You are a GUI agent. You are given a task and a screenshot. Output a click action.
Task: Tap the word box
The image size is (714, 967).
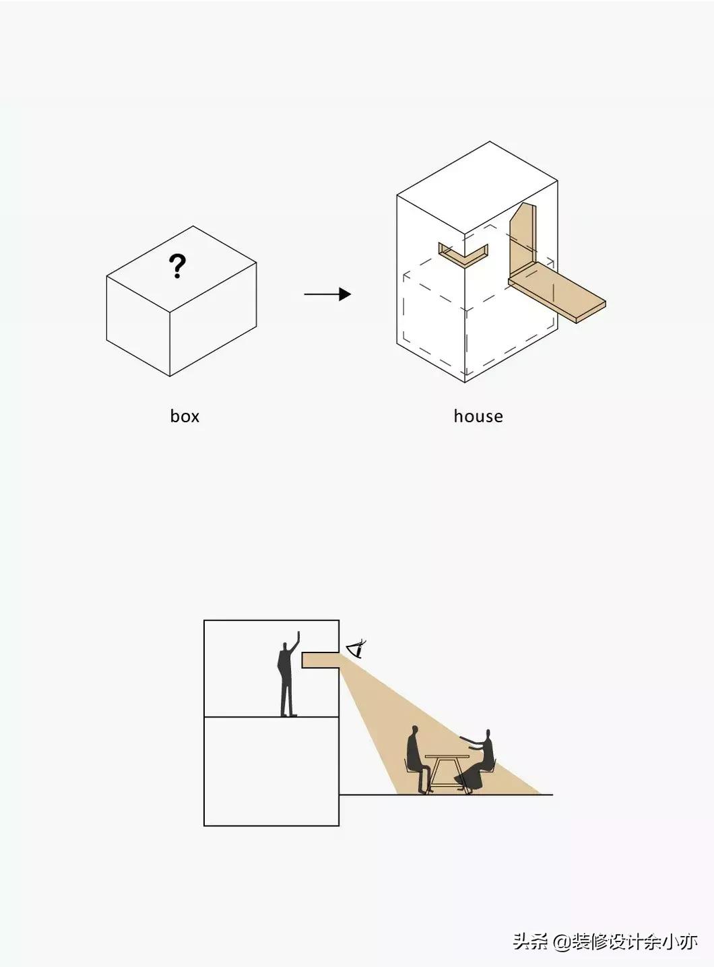pos(185,416)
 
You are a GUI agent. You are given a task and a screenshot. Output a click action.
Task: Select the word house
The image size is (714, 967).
pos(478,416)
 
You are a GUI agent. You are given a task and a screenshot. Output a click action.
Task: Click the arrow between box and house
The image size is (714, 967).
pos(327,294)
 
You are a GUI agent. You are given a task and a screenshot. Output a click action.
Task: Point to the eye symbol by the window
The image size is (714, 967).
pos(357,649)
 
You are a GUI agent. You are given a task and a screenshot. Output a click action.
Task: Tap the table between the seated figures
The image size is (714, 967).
pos(447,774)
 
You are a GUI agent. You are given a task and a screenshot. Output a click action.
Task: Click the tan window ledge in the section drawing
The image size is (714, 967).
pos(321,660)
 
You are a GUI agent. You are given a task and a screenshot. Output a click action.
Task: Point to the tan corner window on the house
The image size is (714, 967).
pos(463,255)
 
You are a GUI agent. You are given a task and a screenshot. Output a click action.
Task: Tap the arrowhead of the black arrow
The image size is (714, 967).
pos(345,294)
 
